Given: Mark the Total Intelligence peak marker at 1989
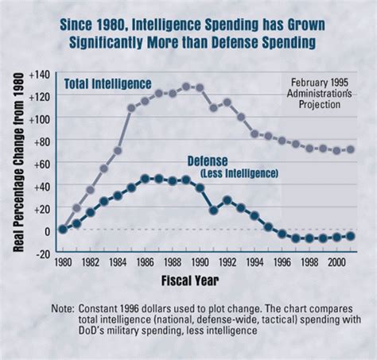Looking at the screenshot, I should pyautogui.click(x=186, y=86).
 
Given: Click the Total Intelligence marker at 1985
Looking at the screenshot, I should pyautogui.click(x=131, y=107).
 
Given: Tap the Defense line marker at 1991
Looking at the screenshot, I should pyautogui.click(x=213, y=211).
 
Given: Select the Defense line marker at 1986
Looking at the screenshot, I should pyautogui.click(x=145, y=179).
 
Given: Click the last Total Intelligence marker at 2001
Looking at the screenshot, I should pyautogui.click(x=350, y=149).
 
